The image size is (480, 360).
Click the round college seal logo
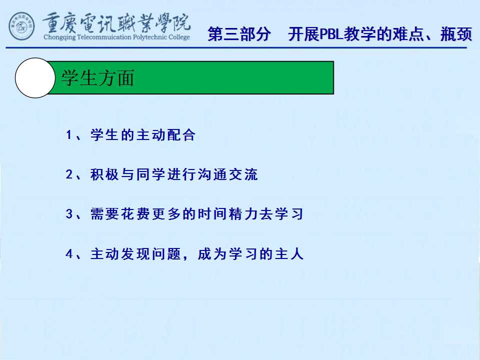point(21,26)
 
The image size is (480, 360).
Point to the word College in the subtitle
point(179,37)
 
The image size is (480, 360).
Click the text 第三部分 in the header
point(239,34)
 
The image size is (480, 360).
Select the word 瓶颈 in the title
point(456,34)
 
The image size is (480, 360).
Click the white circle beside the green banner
point(35,78)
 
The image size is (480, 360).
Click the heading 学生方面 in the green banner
point(97,78)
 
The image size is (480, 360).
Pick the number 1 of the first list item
point(69,135)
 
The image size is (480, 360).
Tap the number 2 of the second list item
point(69,174)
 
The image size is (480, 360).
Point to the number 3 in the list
point(69,214)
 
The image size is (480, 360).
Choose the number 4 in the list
point(69,254)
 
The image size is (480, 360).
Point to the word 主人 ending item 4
point(289,254)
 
